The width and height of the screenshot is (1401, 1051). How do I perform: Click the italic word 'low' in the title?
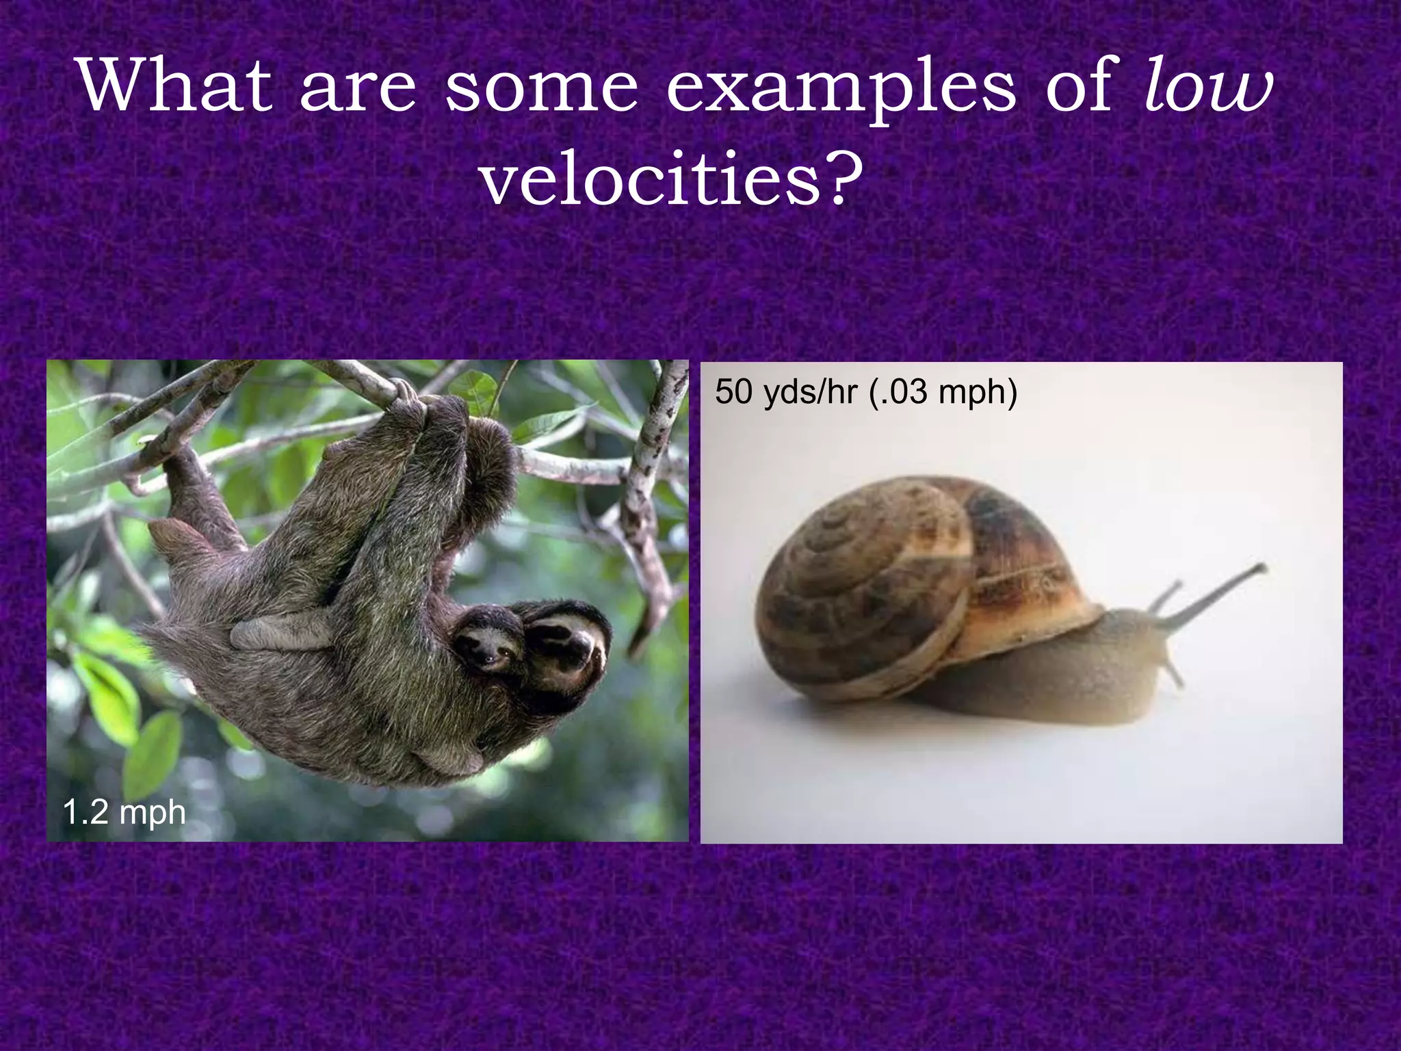[x=1208, y=87]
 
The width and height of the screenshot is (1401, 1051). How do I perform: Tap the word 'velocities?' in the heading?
[x=670, y=179]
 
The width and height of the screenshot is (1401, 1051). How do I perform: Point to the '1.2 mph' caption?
[x=124, y=812]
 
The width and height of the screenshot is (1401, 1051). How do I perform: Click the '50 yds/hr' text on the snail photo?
[x=786, y=392]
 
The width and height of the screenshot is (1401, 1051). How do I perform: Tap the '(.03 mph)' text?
[x=943, y=392]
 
